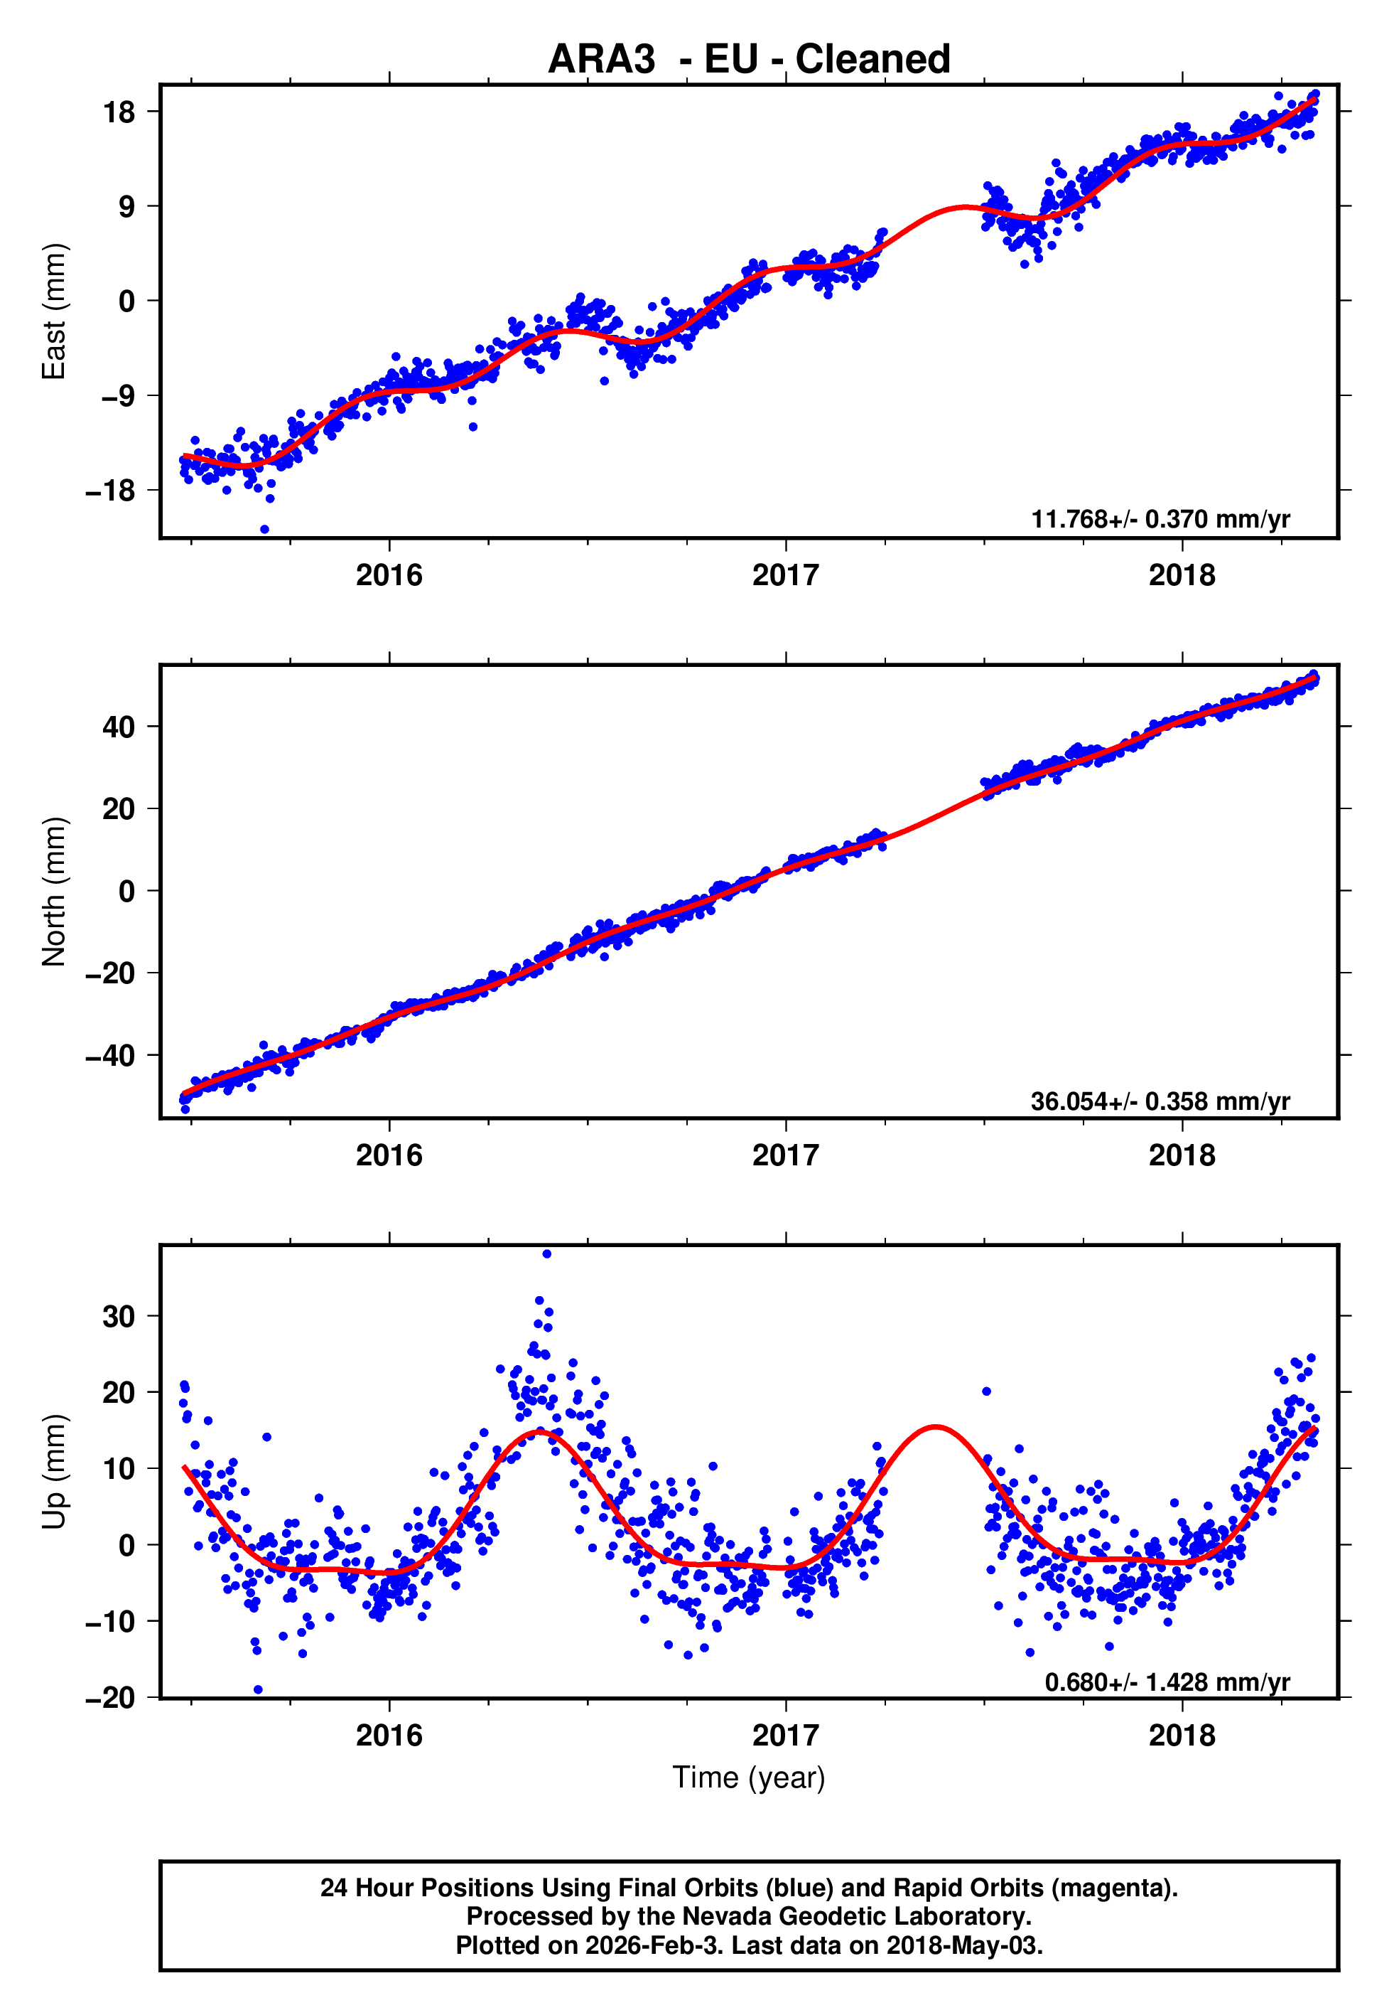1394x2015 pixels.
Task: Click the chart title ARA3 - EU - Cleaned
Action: (x=749, y=60)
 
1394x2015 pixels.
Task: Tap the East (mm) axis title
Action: (x=54, y=311)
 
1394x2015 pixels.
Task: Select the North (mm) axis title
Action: (x=54, y=892)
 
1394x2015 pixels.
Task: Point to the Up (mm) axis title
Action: (x=54, y=1470)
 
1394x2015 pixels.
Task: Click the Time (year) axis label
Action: (x=749, y=1778)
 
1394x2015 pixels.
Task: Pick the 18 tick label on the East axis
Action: (x=118, y=112)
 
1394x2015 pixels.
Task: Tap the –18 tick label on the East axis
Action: (x=111, y=490)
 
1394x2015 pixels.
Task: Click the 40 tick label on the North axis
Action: (x=118, y=726)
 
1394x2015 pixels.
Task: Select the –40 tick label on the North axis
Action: (x=111, y=1056)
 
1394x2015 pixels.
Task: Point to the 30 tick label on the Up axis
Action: (x=118, y=1316)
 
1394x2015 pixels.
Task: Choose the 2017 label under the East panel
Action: (x=785, y=575)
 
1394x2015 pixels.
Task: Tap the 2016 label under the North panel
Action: (x=389, y=1155)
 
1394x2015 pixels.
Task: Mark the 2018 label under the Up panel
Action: (x=1182, y=1735)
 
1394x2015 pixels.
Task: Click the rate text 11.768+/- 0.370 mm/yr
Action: (x=1160, y=519)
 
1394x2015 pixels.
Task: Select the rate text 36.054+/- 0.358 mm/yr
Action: (x=1160, y=1101)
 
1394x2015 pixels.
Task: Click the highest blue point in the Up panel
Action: (x=547, y=1254)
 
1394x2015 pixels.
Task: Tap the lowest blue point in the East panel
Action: (x=264, y=530)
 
